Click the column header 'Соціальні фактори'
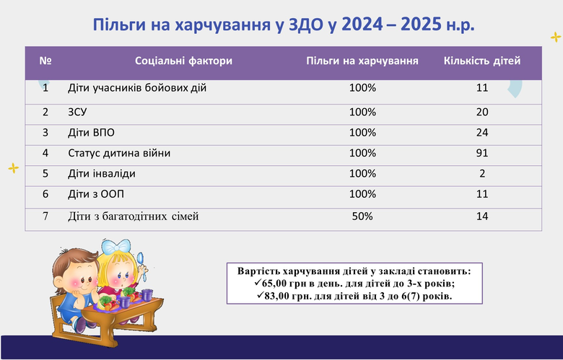tap(183, 61)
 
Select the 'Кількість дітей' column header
tap(482, 61)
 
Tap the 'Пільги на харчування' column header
tap(362, 61)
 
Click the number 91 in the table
tap(482, 153)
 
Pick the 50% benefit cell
tap(362, 216)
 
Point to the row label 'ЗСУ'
tap(77, 113)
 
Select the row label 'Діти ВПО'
tap(91, 133)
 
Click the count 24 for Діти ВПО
tap(482, 133)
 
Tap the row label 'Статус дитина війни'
tap(119, 153)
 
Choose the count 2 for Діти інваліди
tap(482, 174)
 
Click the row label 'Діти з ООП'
tap(96, 194)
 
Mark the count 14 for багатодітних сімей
tap(482, 216)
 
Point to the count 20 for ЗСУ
tap(482, 113)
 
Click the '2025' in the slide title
tap(421, 25)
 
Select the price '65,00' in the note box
tap(274, 284)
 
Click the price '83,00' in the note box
tap(277, 296)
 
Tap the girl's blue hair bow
tap(115, 246)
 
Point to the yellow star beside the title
tap(556, 37)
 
